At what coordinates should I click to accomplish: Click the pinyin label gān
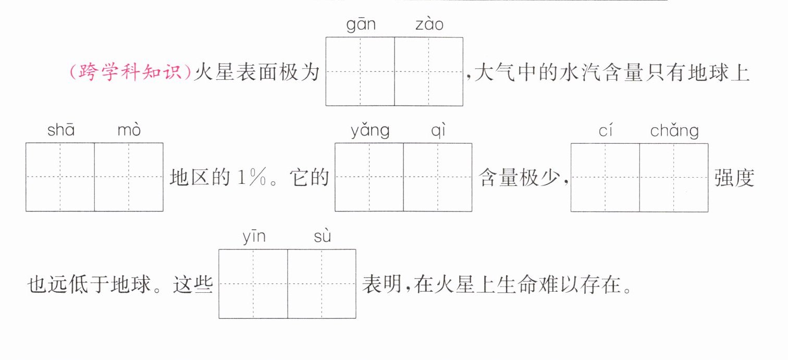[x=361, y=25]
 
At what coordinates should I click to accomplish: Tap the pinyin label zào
[x=429, y=25]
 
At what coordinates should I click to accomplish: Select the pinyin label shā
[x=61, y=130]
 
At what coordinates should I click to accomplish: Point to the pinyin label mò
[x=129, y=130]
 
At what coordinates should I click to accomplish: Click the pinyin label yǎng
[x=370, y=131]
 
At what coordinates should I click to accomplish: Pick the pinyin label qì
[x=438, y=131]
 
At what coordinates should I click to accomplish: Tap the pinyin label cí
[x=605, y=130]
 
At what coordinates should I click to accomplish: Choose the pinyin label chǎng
[x=674, y=131]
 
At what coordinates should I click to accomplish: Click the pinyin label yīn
[x=254, y=238]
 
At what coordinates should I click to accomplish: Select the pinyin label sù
[x=323, y=238]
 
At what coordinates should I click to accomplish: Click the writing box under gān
[x=360, y=71]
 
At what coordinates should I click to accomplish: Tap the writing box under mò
[x=129, y=177]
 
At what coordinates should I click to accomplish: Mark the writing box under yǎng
[x=369, y=177]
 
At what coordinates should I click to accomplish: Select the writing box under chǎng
[x=674, y=177]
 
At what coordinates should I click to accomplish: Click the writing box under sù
[x=322, y=284]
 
